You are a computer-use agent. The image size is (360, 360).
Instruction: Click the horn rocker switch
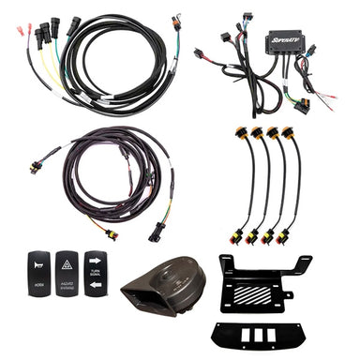coord(38,273)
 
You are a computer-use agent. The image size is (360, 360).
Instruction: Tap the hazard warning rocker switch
coord(67,273)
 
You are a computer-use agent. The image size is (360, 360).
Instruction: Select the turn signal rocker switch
coord(95,273)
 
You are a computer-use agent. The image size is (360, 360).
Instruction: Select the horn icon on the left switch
coord(38,264)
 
